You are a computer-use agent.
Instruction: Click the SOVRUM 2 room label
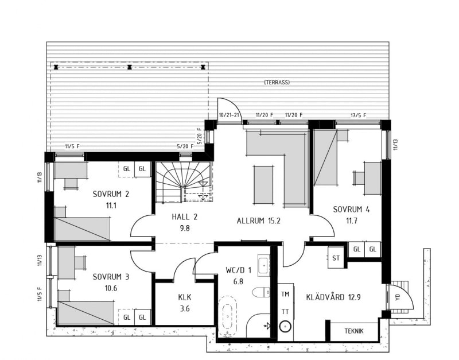[x=111, y=194]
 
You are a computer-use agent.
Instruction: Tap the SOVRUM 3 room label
[x=111, y=277]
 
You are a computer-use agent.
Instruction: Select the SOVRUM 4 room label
[x=351, y=210]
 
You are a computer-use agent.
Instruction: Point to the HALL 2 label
[x=184, y=217]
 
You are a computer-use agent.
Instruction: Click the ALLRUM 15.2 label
[x=259, y=220]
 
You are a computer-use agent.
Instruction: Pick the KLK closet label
[x=185, y=297]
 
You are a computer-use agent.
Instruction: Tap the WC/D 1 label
[x=239, y=270]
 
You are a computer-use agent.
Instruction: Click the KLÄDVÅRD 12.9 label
[x=333, y=297]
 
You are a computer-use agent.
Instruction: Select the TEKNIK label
[x=354, y=331]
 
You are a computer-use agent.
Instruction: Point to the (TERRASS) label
[x=277, y=82]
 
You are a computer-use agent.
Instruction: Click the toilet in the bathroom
[x=261, y=292]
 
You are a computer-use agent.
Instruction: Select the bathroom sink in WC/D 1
[x=264, y=265]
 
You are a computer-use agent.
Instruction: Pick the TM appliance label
[x=285, y=294]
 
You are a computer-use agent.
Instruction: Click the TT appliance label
[x=285, y=312]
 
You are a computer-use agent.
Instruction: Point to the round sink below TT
[x=285, y=327]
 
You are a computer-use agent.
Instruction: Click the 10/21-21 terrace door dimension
[x=230, y=115]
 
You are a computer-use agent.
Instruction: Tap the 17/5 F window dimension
[x=358, y=115]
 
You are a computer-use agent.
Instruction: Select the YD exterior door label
[x=397, y=297]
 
